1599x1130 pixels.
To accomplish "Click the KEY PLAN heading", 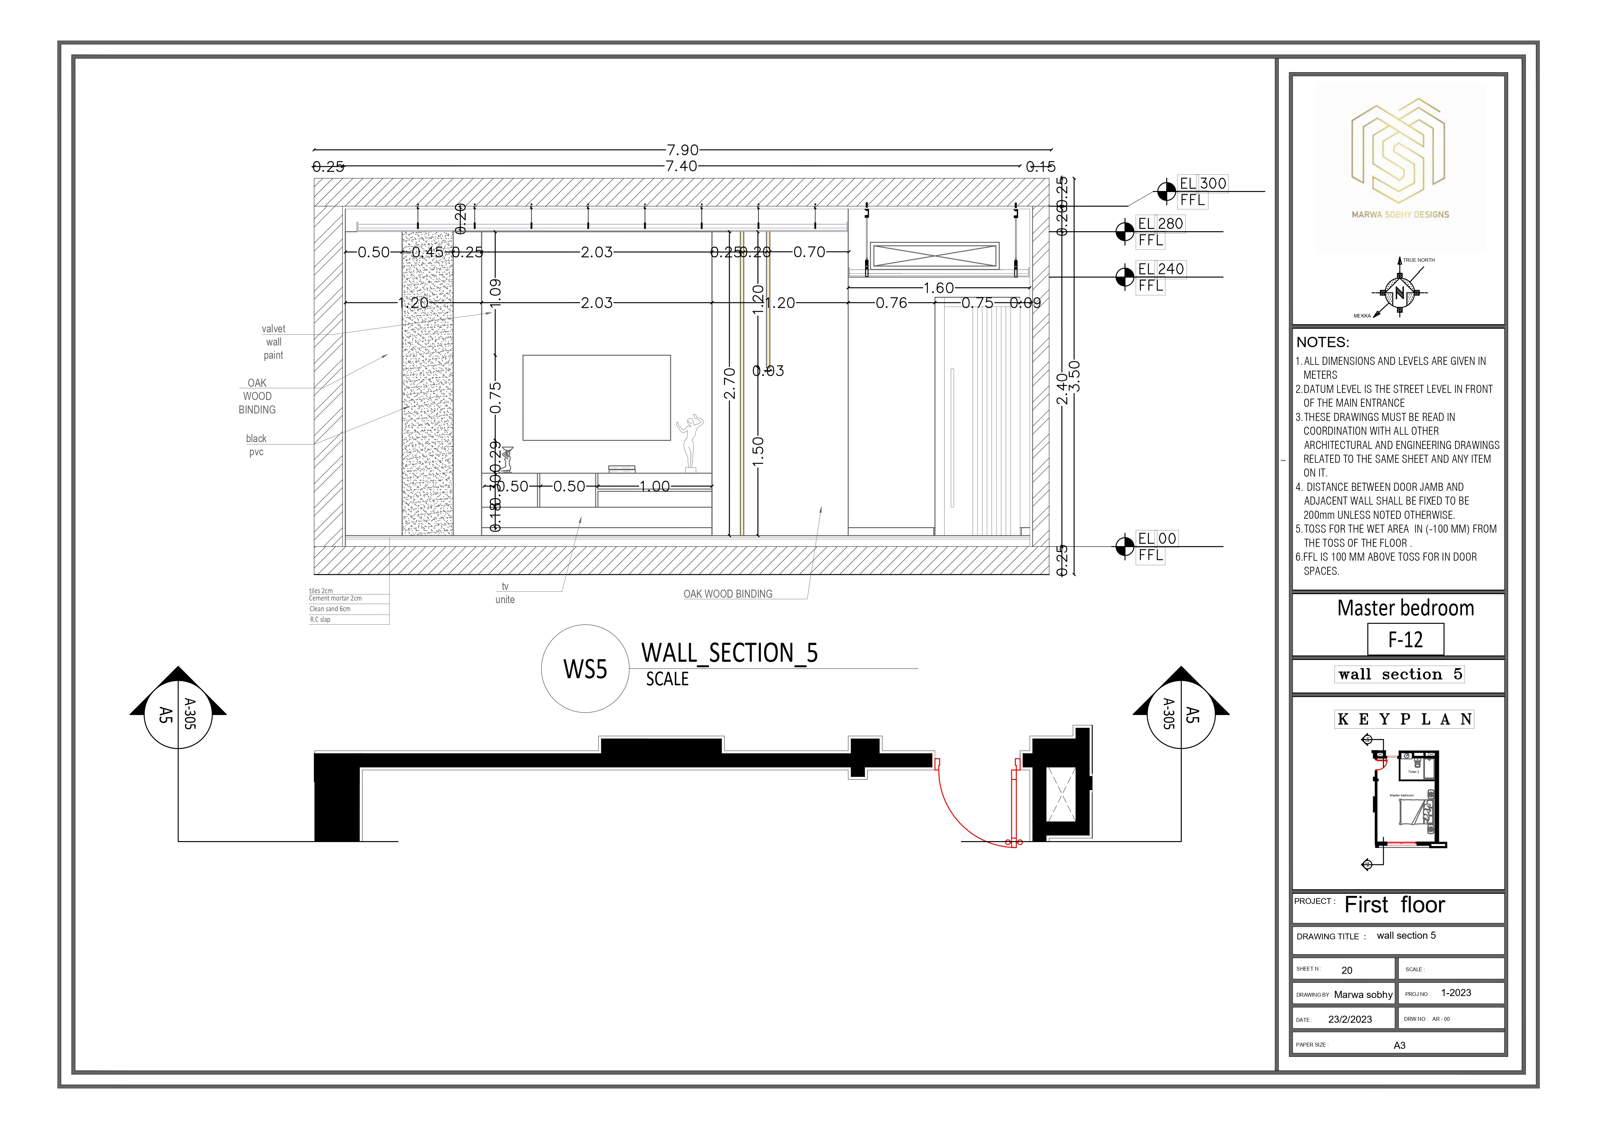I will coord(1404,719).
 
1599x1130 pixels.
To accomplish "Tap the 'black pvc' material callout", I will coord(256,445).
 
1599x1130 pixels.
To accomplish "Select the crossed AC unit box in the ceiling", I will coord(935,255).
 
